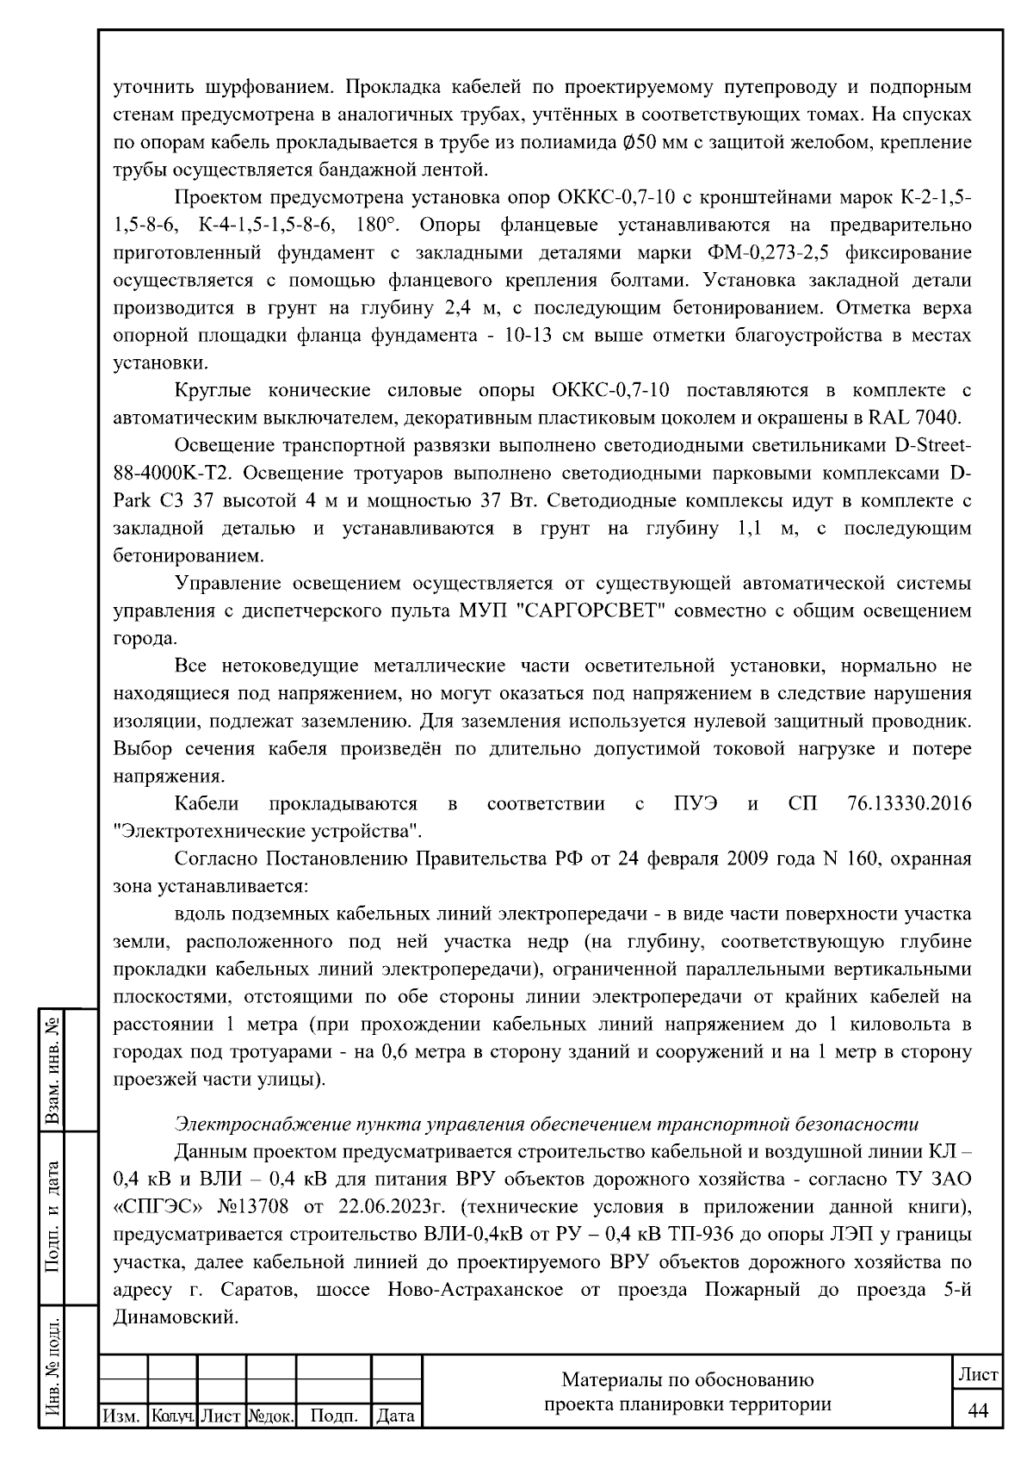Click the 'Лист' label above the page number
pyautogui.click(x=978, y=1375)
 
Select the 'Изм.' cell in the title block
pyautogui.click(x=123, y=1416)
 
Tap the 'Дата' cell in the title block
pyautogui.click(x=396, y=1416)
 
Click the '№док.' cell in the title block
pyautogui.click(x=271, y=1416)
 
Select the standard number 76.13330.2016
pyautogui.click(x=903, y=804)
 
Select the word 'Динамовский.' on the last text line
pyautogui.click(x=175, y=1317)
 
